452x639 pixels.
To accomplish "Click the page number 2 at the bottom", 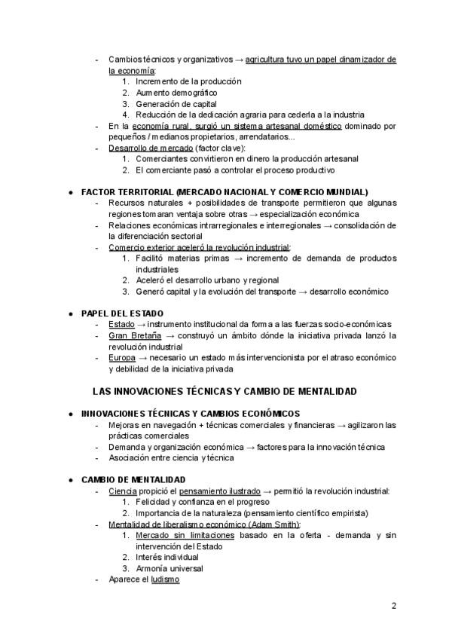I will coord(394,605).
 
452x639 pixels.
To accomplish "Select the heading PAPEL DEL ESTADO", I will coord(122,313).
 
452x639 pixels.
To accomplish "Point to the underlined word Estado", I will coord(121,324).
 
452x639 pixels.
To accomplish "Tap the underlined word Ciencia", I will coord(123,491).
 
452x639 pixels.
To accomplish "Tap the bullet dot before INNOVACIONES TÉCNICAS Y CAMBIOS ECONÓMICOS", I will coord(70,413).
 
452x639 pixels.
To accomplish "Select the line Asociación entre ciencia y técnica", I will coord(171,457).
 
